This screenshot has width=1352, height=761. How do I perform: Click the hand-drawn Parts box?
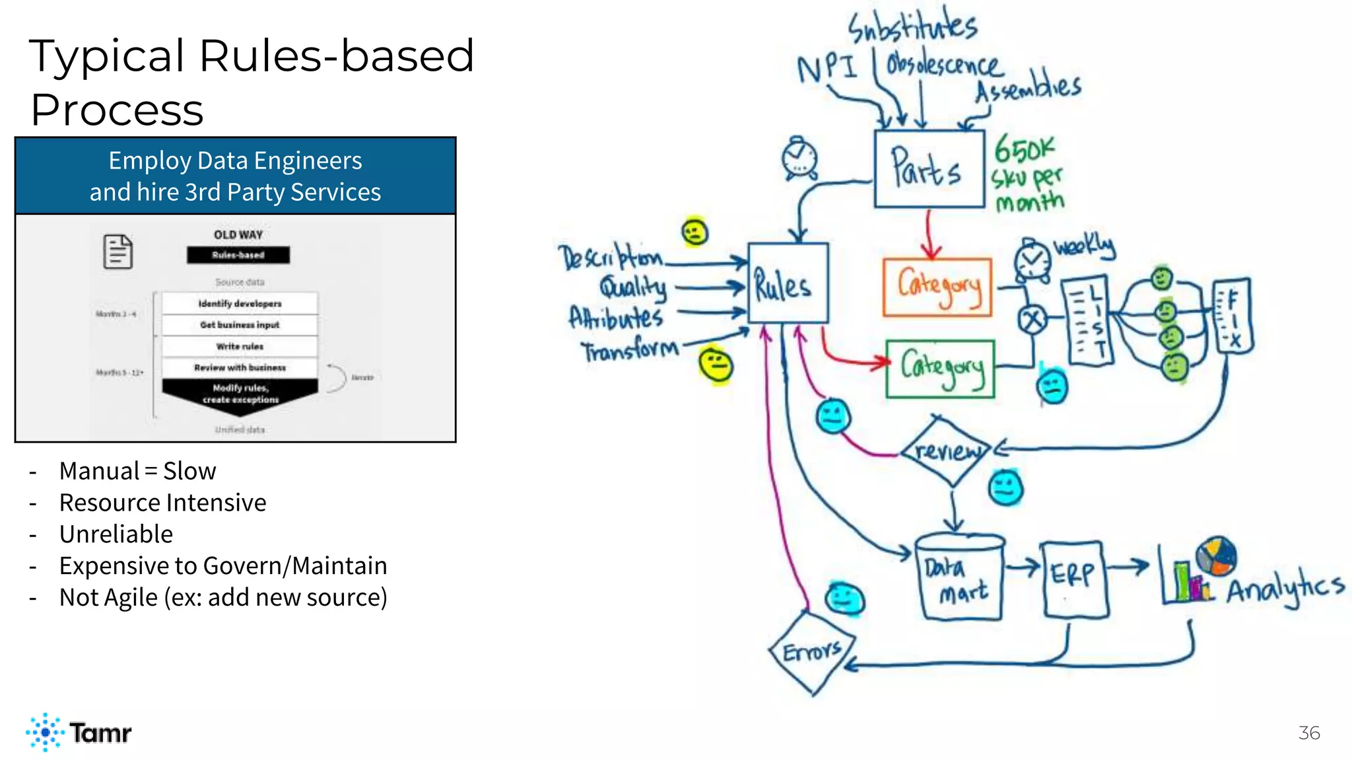point(928,168)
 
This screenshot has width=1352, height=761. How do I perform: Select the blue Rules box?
point(787,283)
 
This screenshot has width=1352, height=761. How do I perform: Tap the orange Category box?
point(937,287)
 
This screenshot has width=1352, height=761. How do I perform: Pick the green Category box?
point(940,369)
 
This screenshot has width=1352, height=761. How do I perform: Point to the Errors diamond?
point(812,653)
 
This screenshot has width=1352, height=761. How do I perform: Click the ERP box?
point(1073,579)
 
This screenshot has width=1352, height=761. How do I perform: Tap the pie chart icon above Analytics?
point(1216,556)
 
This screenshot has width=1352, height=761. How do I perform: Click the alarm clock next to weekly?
point(1031,260)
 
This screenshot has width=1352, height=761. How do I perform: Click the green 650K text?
point(1024,149)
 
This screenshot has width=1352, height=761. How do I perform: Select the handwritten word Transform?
point(629,350)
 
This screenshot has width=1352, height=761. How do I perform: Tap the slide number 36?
point(1308,733)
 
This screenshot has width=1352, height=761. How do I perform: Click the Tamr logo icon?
point(45,732)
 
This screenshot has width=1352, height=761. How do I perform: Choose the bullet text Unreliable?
point(116,534)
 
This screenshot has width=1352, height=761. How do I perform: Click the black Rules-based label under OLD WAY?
point(238,255)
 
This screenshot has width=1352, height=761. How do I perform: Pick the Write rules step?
point(240,346)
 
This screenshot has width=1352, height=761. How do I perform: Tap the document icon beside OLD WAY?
point(118,252)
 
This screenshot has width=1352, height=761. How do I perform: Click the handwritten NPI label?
point(827,67)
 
